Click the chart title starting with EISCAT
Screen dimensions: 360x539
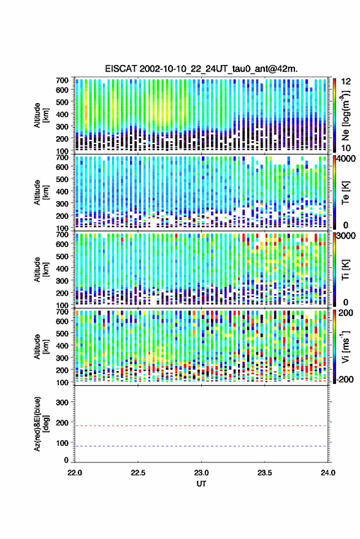coord(201,69)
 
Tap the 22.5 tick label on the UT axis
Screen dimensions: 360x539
coord(138,473)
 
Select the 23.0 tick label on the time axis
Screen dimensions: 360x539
coord(201,473)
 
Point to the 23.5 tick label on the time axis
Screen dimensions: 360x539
coord(264,473)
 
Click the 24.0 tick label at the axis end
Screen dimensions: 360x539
coord(327,473)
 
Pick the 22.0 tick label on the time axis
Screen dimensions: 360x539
coord(75,473)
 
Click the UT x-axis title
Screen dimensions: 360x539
coord(201,484)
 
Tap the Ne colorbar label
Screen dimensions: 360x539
coord(345,115)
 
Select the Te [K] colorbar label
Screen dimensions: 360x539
coord(345,193)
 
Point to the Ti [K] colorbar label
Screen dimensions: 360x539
coord(345,270)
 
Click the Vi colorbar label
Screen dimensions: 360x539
coord(345,346)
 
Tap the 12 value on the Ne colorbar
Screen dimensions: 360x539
coord(345,82)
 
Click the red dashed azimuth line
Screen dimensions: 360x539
coord(201,426)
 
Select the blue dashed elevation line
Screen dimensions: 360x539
coord(201,446)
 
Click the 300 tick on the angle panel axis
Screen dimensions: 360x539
coord(62,402)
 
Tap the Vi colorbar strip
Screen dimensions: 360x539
coord(335,346)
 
